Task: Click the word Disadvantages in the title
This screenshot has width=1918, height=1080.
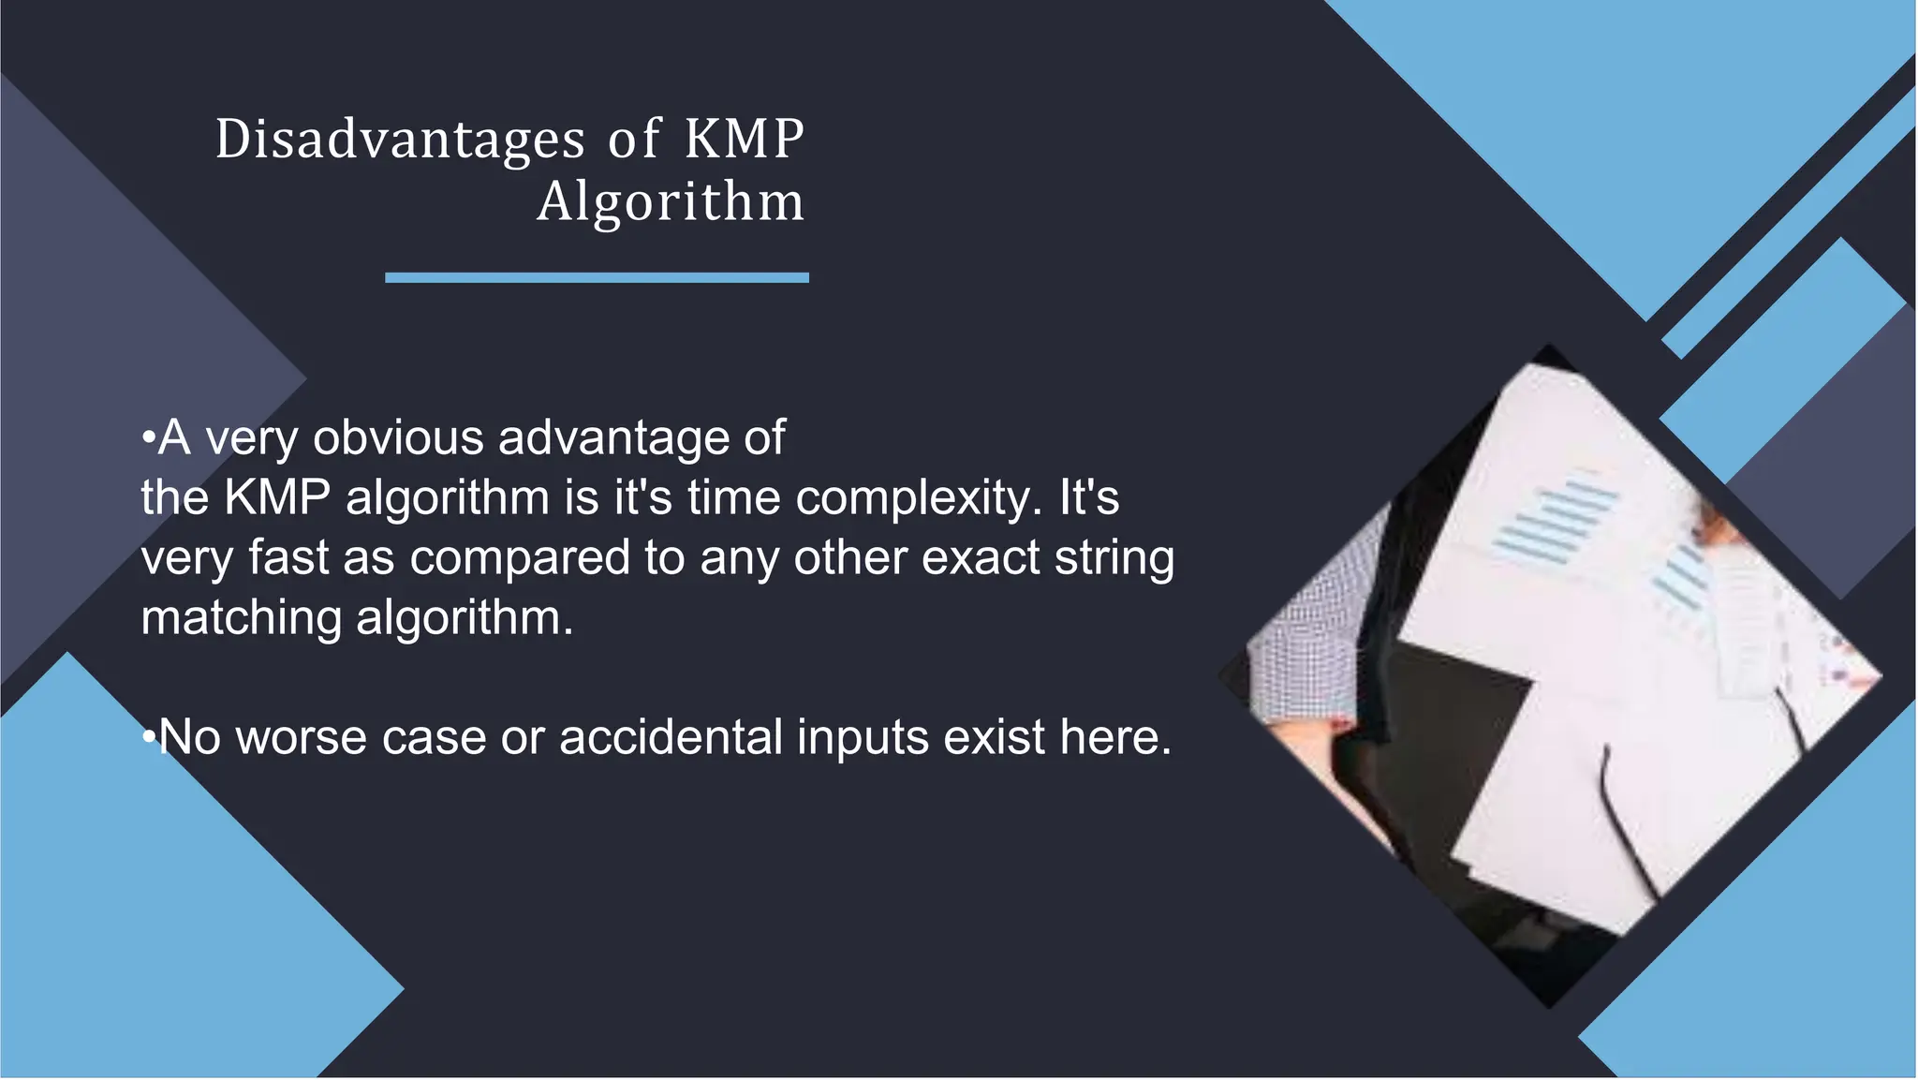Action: [x=400, y=141]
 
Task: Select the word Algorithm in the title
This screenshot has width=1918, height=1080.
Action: [x=671, y=201]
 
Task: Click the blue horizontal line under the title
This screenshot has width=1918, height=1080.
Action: [x=597, y=277]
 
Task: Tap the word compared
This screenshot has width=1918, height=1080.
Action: [x=519, y=557]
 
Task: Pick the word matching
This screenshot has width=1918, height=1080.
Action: [x=241, y=618]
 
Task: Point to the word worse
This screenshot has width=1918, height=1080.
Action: [x=301, y=737]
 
